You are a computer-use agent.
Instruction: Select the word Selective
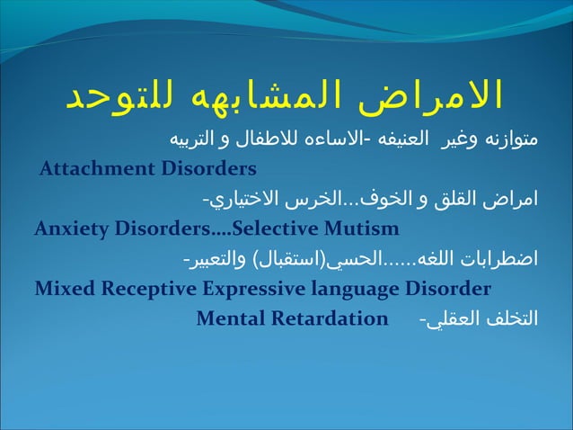(277, 228)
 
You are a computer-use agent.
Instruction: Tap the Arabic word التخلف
(509, 319)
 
